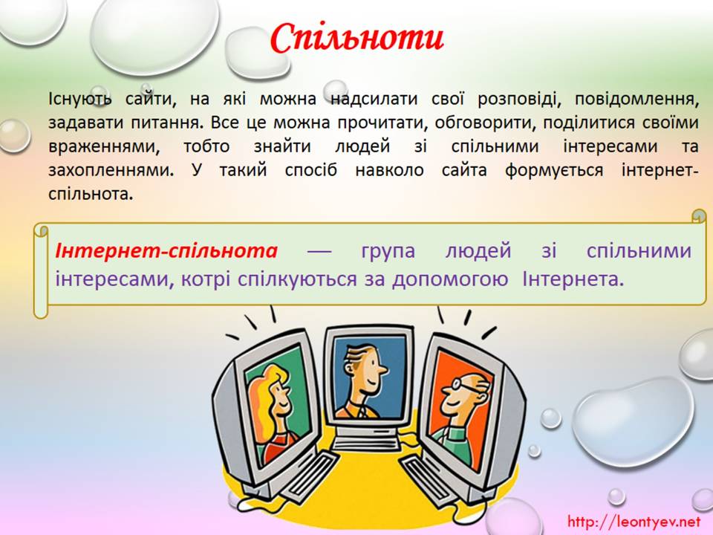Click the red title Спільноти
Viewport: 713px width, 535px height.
[x=357, y=38]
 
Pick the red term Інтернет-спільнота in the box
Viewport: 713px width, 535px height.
[x=166, y=250]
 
